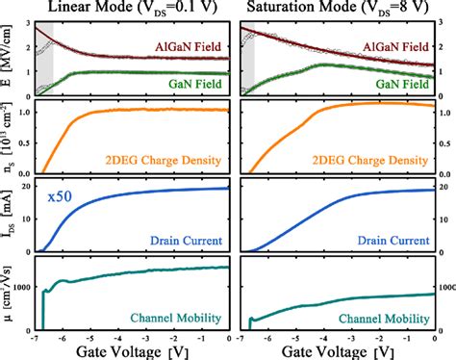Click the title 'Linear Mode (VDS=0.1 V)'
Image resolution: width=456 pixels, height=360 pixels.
click(x=132, y=11)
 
